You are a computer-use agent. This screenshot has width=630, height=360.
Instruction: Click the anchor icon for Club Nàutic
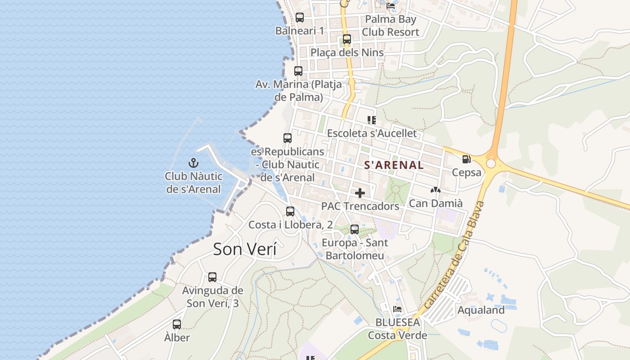click(x=193, y=162)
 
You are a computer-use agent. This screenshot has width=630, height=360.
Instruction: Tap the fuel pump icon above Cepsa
click(x=466, y=159)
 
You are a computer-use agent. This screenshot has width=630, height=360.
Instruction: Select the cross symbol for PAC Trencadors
click(x=360, y=193)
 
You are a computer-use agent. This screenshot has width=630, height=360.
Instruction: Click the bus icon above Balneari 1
click(x=300, y=18)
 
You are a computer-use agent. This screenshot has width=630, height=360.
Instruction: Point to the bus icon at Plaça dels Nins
click(x=346, y=39)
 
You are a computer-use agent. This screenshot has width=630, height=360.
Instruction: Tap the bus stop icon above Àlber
click(x=177, y=324)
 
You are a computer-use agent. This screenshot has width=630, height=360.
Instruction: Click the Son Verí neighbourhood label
click(x=245, y=249)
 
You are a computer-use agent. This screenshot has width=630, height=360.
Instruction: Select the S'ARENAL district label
click(x=394, y=165)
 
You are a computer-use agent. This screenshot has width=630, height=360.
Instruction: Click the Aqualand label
click(x=481, y=310)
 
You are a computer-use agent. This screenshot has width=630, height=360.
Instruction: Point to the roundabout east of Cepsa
click(x=490, y=163)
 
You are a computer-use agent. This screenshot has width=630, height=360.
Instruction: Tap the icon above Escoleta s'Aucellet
click(x=372, y=120)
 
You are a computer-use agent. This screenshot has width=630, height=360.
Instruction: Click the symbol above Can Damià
click(x=435, y=190)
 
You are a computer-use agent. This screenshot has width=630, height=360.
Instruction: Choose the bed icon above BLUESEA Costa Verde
click(x=397, y=309)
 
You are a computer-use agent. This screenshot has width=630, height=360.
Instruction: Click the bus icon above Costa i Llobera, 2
click(x=290, y=211)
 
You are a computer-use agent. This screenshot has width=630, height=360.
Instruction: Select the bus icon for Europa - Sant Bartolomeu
click(x=355, y=229)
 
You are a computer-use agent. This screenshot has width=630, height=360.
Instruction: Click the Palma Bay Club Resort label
click(x=391, y=26)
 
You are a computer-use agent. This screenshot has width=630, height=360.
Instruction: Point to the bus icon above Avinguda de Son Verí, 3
click(x=212, y=277)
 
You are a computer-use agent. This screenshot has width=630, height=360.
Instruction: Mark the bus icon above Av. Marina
click(x=298, y=71)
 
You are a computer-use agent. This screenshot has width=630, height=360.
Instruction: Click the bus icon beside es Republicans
click(x=288, y=138)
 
